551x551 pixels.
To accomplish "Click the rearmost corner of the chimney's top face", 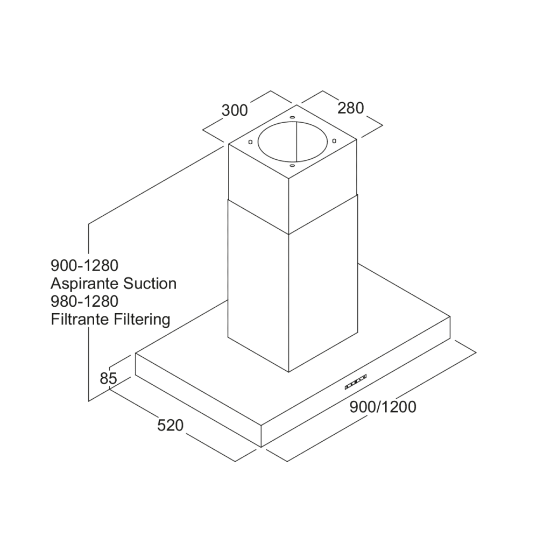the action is (296, 105).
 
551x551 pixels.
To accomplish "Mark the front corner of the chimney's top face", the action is (289, 179).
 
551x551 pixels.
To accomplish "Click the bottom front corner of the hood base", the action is (261, 447).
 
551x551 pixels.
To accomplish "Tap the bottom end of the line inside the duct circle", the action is (296, 163).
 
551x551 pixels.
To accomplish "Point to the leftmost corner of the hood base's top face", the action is (136, 354).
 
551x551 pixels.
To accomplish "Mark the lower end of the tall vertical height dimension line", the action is (89, 401).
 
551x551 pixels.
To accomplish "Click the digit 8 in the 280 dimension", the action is (350, 108).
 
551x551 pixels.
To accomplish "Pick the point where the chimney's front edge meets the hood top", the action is (289, 372).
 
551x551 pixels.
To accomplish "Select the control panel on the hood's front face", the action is (356, 382).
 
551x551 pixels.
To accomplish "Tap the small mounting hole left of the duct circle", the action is (250, 142).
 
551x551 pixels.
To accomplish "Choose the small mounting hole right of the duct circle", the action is (334, 141).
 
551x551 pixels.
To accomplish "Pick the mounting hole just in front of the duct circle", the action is (292, 165).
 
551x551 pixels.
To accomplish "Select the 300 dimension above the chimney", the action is (235, 110).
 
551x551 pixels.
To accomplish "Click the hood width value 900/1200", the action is (383, 407).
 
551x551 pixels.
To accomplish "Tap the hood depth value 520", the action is (171, 425).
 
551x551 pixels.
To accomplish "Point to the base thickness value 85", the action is (108, 378).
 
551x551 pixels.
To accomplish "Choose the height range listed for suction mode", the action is (84, 266).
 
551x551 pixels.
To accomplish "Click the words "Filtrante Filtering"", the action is (110, 320).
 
